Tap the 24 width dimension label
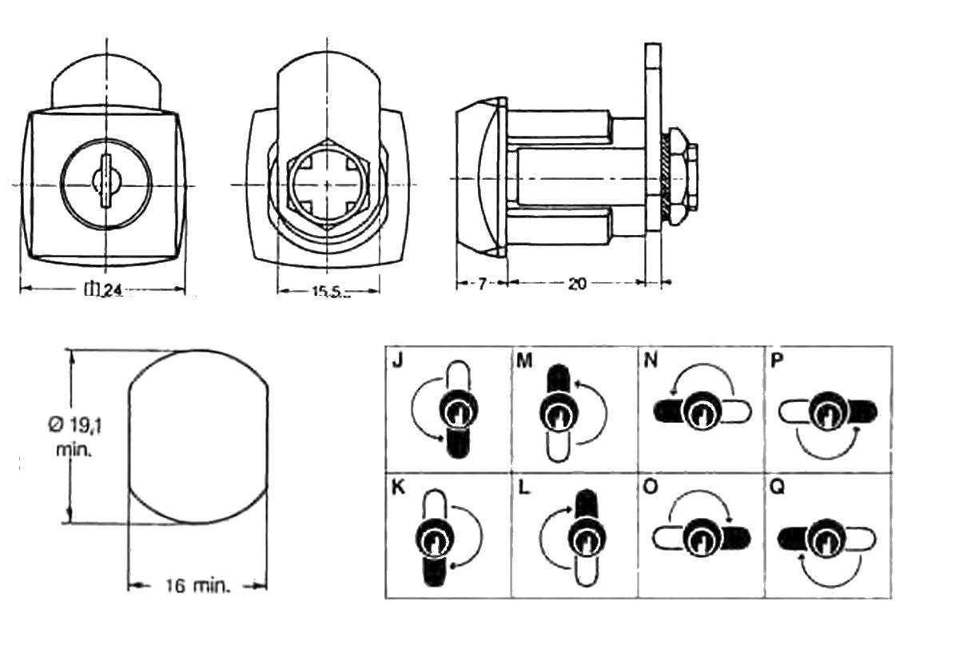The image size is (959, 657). tap(103, 290)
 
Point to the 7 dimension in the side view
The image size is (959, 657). tap(482, 285)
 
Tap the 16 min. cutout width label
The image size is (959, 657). tap(197, 587)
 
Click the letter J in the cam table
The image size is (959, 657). tap(397, 360)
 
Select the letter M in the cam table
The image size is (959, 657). tap(524, 360)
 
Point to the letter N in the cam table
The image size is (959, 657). tap(651, 360)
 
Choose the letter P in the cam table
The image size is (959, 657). tap(777, 360)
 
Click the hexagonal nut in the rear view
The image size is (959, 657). tap(328, 184)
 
